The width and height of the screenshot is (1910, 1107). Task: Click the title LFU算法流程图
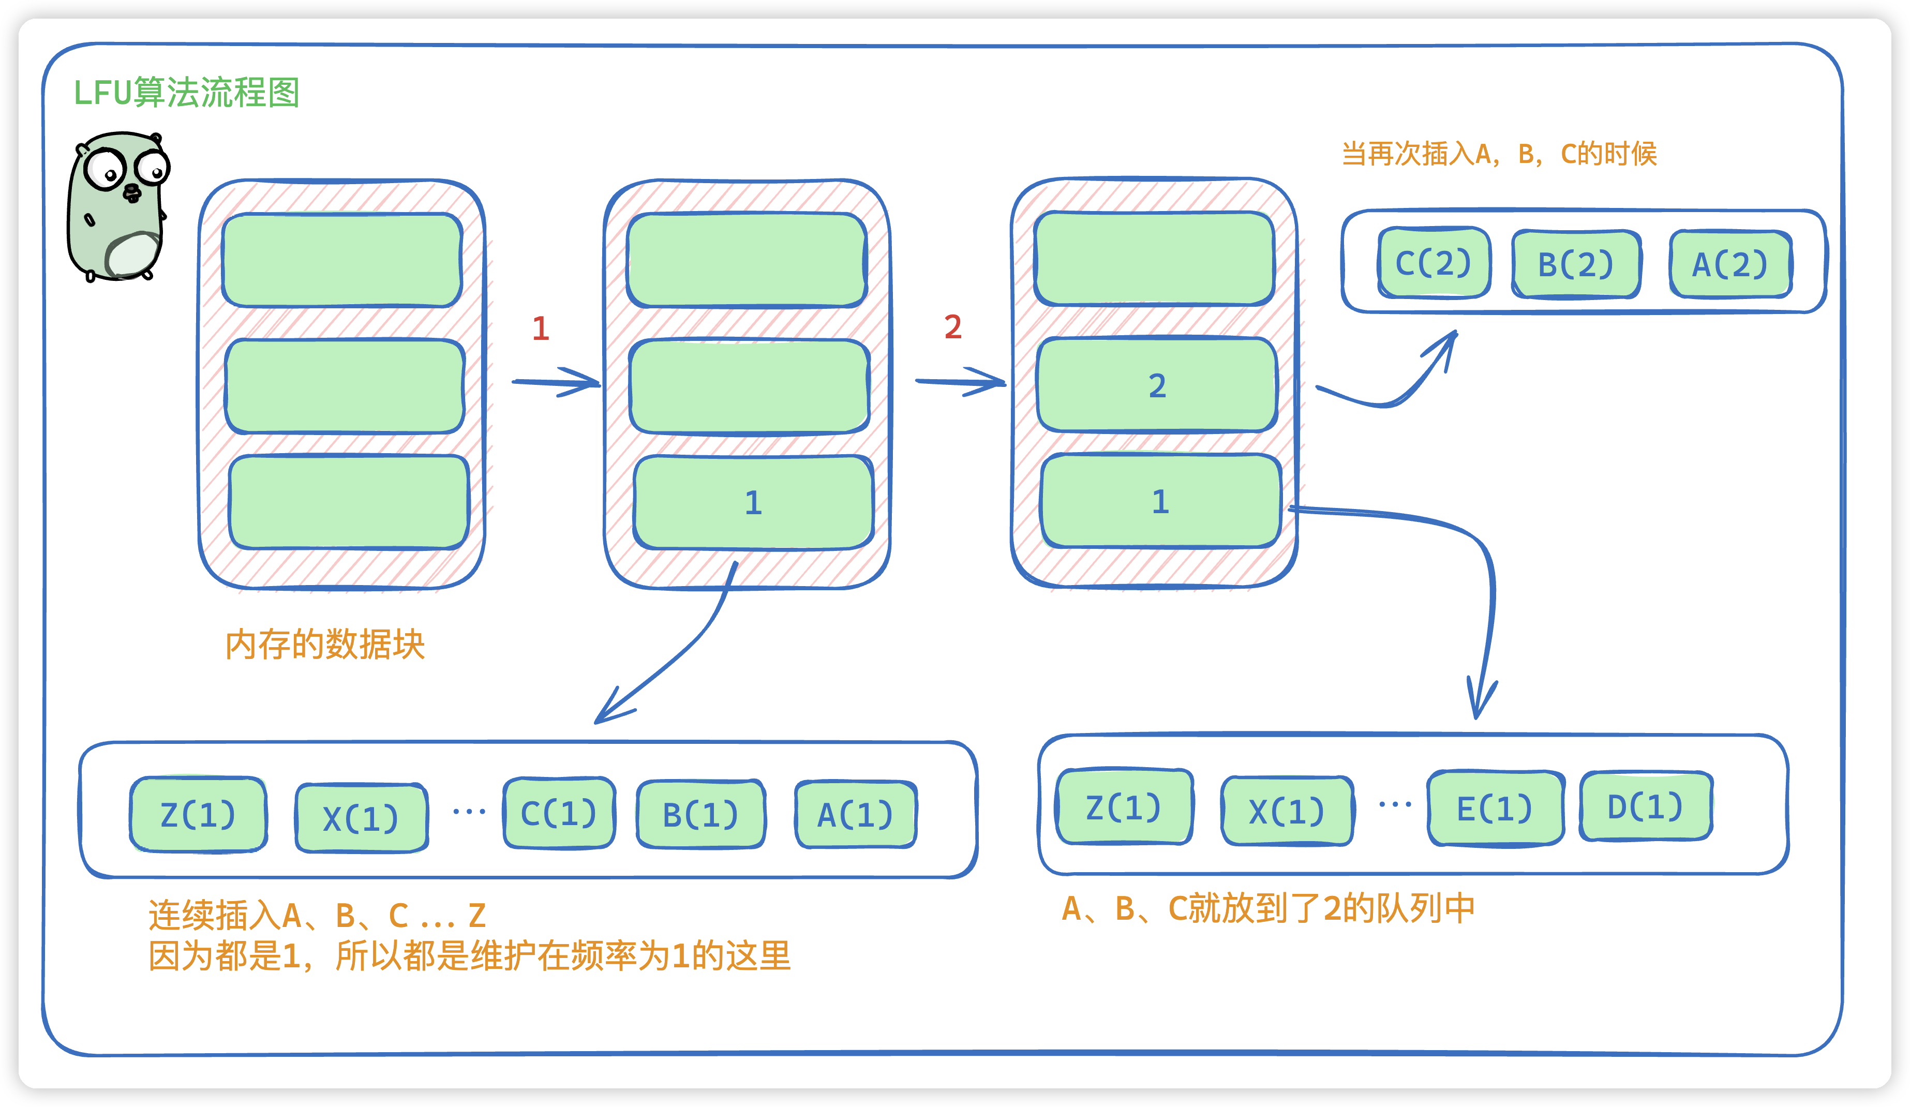186,93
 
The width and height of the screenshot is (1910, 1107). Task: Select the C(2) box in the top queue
1433,263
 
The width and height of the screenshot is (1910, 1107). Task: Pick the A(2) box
1730,264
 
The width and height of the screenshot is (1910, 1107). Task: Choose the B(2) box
1576,264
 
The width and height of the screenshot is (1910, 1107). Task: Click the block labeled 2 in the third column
1157,386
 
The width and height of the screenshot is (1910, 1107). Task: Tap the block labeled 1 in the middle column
753,502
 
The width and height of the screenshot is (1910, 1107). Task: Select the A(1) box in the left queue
855,815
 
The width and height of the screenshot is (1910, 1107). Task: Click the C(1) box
559,813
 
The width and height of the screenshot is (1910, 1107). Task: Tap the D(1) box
1646,806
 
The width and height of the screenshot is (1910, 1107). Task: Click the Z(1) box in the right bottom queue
1123,807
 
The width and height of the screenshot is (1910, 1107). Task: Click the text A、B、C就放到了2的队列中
1268,908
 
